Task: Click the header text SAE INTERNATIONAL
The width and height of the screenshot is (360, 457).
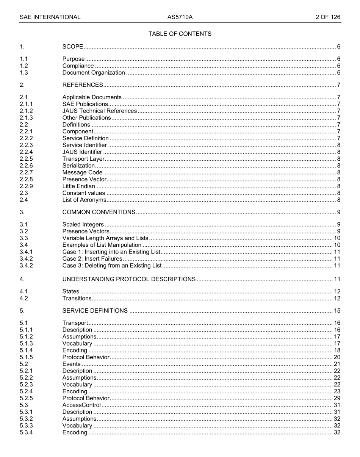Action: [50, 17]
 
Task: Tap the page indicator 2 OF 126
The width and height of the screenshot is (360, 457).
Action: [328, 17]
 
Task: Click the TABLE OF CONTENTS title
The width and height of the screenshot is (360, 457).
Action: [180, 34]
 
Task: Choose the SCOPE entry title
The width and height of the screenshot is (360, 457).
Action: [73, 47]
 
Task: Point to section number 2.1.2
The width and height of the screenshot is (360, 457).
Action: [26, 111]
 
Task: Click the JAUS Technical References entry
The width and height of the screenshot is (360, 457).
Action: [99, 111]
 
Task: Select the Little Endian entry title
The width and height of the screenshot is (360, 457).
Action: [78, 186]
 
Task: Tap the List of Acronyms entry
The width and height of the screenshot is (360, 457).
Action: [84, 200]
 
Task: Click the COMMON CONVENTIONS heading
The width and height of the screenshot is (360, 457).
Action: [99, 212]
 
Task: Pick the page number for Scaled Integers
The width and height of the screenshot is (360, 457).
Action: [338, 225]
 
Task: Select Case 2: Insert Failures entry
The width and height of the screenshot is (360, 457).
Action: [92, 259]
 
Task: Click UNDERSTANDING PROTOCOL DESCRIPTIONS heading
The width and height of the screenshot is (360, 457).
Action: [129, 279]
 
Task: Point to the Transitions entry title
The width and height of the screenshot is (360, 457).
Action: [77, 298]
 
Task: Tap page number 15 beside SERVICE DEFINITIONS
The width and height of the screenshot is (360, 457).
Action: [337, 311]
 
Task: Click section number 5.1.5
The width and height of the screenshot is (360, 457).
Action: [26, 357]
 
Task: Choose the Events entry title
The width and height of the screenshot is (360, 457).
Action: [71, 364]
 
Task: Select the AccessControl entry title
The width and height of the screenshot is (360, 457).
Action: [81, 405]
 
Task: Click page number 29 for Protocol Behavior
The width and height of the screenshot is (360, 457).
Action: [337, 398]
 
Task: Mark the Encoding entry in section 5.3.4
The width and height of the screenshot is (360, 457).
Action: [75, 432]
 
